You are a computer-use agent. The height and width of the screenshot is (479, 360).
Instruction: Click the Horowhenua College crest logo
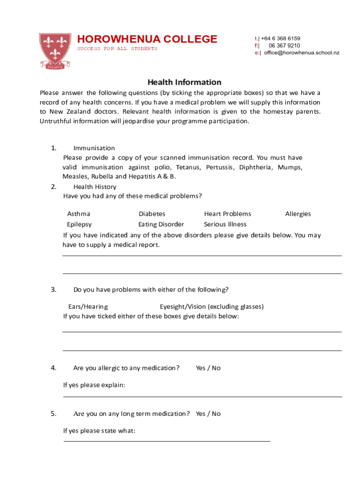pyautogui.click(x=55, y=51)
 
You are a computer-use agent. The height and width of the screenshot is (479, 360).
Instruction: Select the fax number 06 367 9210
pyautogui.click(x=284, y=46)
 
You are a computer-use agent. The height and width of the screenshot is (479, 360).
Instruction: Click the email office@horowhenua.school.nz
pyautogui.click(x=302, y=53)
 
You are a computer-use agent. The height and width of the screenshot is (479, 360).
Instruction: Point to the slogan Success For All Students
pyautogui.click(x=117, y=49)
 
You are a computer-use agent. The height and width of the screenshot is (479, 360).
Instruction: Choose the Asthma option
pyautogui.click(x=79, y=214)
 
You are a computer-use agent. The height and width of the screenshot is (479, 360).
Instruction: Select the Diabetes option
pyautogui.click(x=151, y=214)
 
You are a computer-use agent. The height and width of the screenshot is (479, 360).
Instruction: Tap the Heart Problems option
pyautogui.click(x=227, y=214)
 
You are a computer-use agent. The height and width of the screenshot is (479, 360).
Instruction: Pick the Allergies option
pyautogui.click(x=298, y=214)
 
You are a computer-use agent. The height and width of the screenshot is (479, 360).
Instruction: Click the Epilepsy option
pyautogui.click(x=79, y=225)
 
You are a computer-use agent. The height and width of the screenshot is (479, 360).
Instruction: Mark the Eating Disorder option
pyautogui.click(x=161, y=225)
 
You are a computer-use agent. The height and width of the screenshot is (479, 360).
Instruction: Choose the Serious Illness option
pyautogui.click(x=225, y=225)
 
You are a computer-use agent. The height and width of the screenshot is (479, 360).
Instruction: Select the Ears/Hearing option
pyautogui.click(x=88, y=307)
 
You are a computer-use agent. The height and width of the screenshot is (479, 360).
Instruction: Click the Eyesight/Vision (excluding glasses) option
pyautogui.click(x=211, y=307)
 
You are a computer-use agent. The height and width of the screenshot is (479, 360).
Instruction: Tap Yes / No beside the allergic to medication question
pyautogui.click(x=208, y=368)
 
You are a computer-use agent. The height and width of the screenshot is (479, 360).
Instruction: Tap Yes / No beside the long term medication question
pyautogui.click(x=208, y=414)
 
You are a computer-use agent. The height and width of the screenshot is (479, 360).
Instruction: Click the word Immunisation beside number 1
pyautogui.click(x=94, y=148)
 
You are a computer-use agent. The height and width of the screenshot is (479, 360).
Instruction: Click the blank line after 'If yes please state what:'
pyautogui.click(x=166, y=440)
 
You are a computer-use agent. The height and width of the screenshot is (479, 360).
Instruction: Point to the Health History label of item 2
pyautogui.click(x=95, y=187)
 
